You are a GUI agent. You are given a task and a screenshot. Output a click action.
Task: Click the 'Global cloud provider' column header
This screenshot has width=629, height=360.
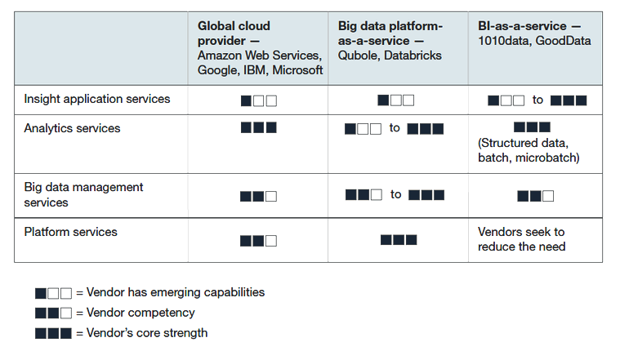(x=260, y=47)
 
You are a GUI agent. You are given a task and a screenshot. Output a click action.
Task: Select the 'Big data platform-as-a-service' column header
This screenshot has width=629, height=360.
(x=390, y=41)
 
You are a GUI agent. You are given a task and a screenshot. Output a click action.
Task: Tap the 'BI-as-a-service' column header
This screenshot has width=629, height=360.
(x=534, y=33)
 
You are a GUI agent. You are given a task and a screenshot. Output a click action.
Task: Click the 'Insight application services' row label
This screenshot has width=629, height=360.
(x=97, y=99)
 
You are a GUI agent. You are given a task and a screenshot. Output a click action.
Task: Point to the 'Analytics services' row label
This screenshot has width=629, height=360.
(x=72, y=128)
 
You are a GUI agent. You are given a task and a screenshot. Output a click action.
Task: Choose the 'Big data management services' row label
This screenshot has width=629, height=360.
(x=83, y=194)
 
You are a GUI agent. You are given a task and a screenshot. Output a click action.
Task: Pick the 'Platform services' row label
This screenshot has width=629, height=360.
(x=70, y=232)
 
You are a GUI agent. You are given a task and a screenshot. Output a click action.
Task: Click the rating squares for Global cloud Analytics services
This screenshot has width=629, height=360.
(x=259, y=127)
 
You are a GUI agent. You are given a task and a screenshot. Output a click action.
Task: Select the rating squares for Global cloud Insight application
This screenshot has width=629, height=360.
(x=259, y=100)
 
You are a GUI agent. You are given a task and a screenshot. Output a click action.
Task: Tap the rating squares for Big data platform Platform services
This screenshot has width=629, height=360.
(x=399, y=240)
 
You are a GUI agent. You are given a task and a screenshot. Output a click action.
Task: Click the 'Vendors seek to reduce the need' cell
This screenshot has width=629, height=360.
(x=521, y=239)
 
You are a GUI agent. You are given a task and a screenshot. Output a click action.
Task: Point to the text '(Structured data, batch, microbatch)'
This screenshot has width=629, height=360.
(x=529, y=150)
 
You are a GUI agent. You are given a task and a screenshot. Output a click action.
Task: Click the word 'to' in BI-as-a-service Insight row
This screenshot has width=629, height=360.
(x=538, y=100)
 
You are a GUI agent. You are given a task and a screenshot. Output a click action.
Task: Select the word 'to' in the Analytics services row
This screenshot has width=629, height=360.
(x=395, y=128)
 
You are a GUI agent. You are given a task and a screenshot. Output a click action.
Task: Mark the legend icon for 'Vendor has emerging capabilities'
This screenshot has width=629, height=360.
(x=53, y=293)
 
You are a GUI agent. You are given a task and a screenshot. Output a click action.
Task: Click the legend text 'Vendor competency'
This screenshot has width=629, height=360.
(x=141, y=313)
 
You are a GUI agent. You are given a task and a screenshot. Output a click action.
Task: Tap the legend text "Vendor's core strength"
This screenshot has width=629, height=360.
(x=147, y=333)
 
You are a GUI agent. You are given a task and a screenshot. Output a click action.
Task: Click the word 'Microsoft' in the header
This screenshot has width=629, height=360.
(x=297, y=70)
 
